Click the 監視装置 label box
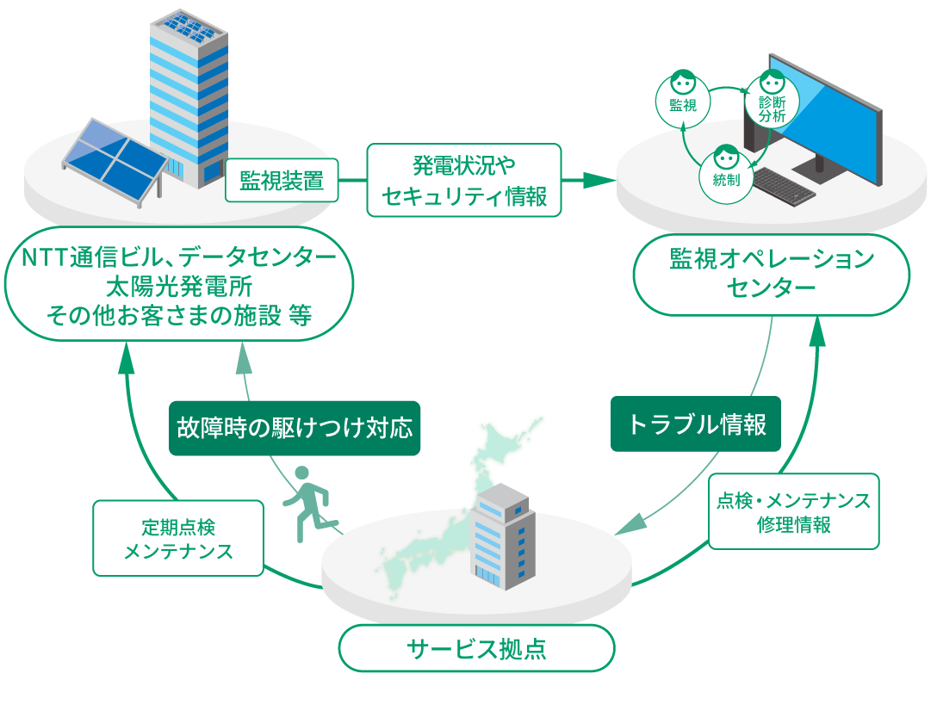point(282,181)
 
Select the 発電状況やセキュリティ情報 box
point(463,179)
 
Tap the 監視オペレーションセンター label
point(771,274)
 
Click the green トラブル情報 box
point(696,424)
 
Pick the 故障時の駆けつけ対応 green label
point(295,428)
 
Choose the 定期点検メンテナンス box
point(178,538)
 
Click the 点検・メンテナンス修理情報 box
point(793,511)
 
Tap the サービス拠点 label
point(476,648)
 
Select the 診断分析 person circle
point(772,99)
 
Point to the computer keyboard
point(776,187)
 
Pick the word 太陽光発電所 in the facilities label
point(179,287)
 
